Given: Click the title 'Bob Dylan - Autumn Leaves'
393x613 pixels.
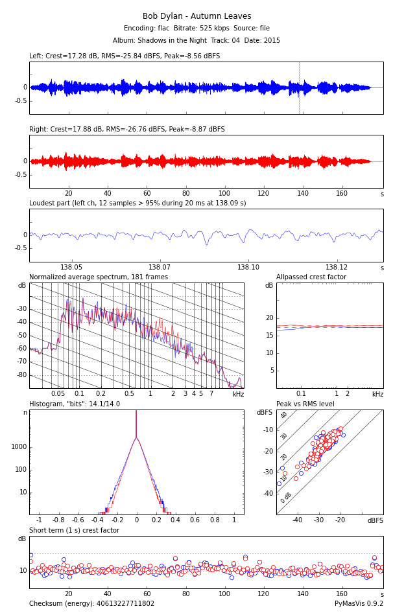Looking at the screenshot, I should pos(196,16).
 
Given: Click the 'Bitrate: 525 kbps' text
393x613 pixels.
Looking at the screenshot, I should pos(196,29).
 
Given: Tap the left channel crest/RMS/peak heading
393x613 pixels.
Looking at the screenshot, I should pos(125,56).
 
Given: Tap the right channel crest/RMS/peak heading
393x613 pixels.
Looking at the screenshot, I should pos(127,130).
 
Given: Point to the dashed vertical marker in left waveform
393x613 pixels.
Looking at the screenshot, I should pos(299,87).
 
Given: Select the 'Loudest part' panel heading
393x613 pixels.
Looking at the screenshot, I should pos(137,203).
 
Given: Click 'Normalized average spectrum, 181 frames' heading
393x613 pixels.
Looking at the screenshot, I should pos(99,277).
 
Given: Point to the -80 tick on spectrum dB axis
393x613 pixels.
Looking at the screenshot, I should pos(22,375).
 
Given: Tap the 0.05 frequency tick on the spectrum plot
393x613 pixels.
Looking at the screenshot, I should pos(58,394).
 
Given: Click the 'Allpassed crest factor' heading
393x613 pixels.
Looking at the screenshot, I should pos(311,277).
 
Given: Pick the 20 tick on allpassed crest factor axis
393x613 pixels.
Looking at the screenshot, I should pos(270,318).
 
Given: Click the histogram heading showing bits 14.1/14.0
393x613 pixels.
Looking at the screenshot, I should pos(75,404).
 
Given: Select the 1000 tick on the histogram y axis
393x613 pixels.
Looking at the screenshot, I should pos(19,446).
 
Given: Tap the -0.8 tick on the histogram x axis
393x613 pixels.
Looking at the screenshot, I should pos(58,520).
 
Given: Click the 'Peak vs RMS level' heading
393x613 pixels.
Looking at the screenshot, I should pos(305,404).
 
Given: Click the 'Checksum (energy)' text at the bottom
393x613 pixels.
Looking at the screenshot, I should pos(91,604).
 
